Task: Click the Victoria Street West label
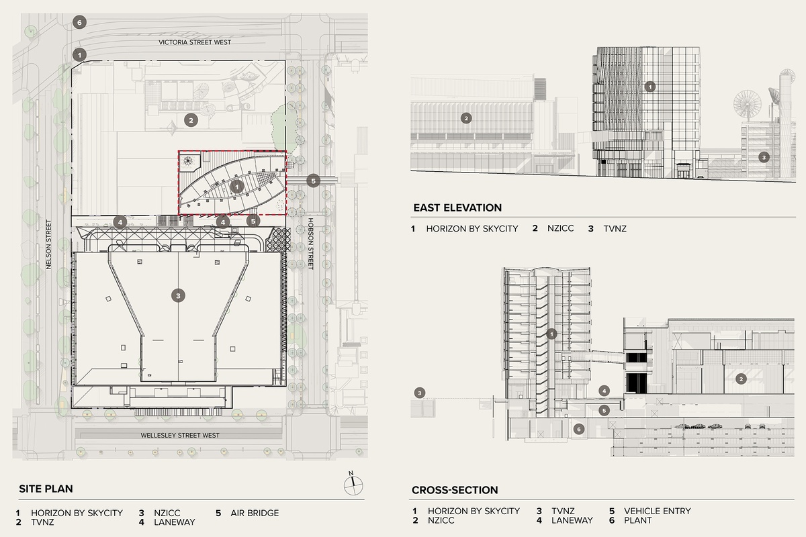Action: tap(195, 42)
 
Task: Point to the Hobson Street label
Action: tap(310, 244)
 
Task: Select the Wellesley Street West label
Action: tap(180, 435)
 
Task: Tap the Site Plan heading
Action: tap(46, 489)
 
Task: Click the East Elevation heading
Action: tap(457, 208)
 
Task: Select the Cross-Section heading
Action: tap(455, 490)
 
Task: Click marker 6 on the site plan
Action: tap(80, 22)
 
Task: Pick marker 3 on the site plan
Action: tap(177, 295)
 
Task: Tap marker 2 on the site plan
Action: tap(190, 121)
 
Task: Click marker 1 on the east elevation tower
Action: tap(650, 87)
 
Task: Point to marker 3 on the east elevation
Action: tap(764, 157)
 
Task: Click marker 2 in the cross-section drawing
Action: tap(741, 379)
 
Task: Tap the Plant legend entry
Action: tap(636, 520)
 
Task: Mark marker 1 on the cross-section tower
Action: tap(551, 334)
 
